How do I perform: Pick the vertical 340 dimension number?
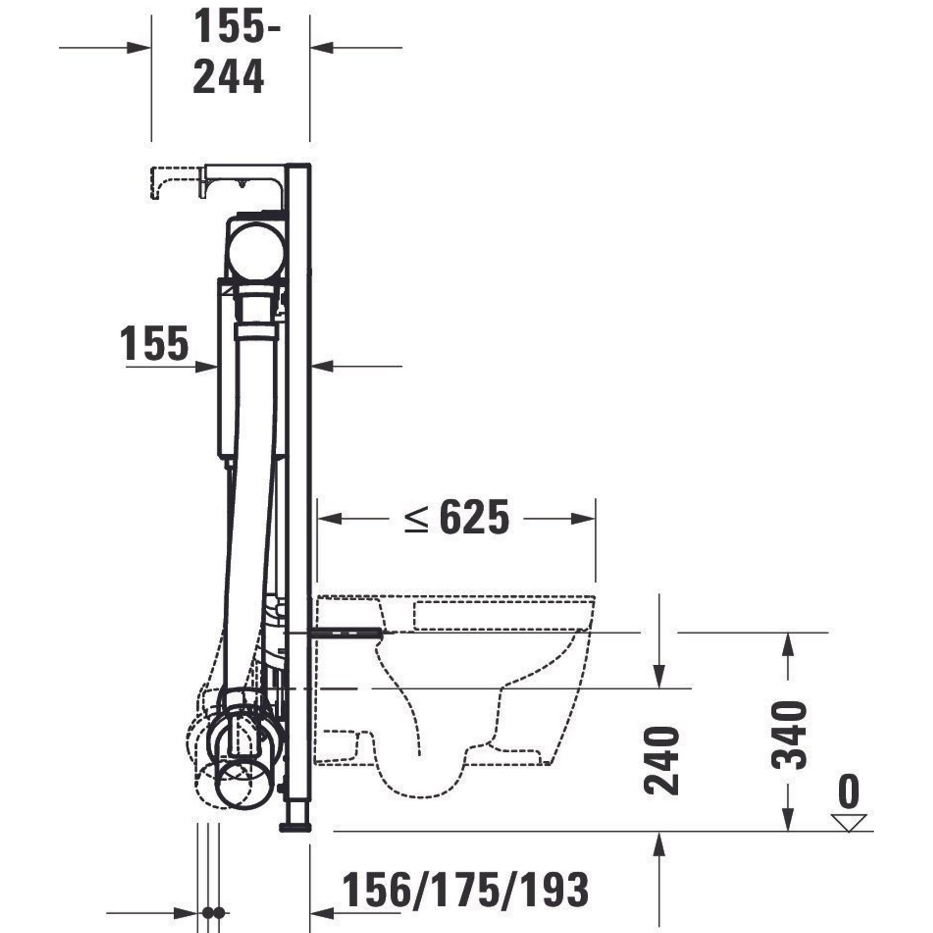coord(788,736)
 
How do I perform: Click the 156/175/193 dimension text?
coord(466,889)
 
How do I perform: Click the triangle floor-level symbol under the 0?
coord(849,822)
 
